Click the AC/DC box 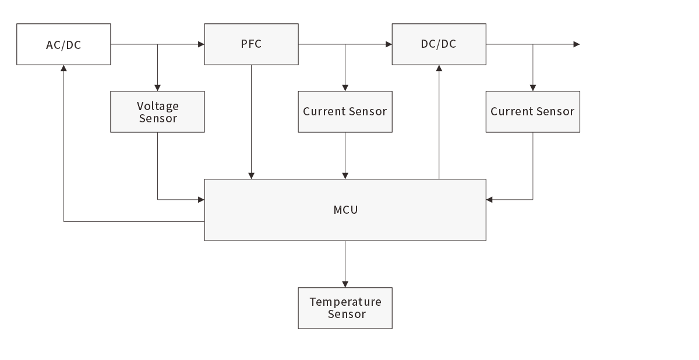coord(63,44)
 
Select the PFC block coord(251,44)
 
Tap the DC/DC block coord(439,44)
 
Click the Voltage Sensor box coord(157,112)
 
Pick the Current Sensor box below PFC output coord(345,112)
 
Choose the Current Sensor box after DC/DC coord(532,112)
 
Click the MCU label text coord(345,210)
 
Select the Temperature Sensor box coord(345,308)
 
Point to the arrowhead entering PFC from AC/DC coord(201,44)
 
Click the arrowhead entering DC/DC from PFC coord(389,44)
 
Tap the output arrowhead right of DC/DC coord(577,44)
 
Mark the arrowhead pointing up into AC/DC coord(63,68)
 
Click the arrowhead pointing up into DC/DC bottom coord(439,68)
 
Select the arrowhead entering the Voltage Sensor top coord(157,87)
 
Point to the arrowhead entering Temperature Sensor coord(345,284)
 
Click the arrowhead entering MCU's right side coord(490,200)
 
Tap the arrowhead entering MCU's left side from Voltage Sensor coord(201,200)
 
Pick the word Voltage coord(158,106)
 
